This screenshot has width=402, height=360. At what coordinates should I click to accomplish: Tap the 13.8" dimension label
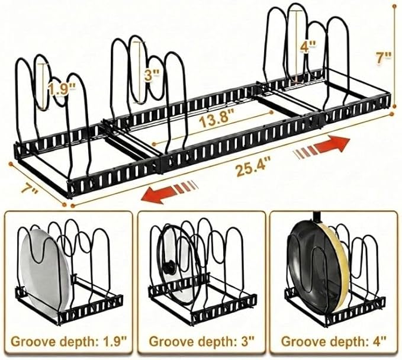[x=217, y=120]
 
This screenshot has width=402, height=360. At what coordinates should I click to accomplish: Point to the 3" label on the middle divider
[x=152, y=76]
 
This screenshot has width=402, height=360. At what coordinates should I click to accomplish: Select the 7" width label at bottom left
[x=29, y=190]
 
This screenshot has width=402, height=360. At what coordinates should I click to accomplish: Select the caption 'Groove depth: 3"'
[x=201, y=341]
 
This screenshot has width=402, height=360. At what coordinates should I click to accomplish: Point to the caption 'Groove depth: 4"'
[x=334, y=341]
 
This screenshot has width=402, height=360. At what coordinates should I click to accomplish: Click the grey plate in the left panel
[x=47, y=272]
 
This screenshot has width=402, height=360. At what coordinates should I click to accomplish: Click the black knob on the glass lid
[x=169, y=266]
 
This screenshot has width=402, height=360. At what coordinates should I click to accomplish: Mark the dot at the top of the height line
[x=394, y=6]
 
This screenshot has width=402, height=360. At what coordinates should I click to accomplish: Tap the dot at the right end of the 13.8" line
[x=272, y=112]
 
